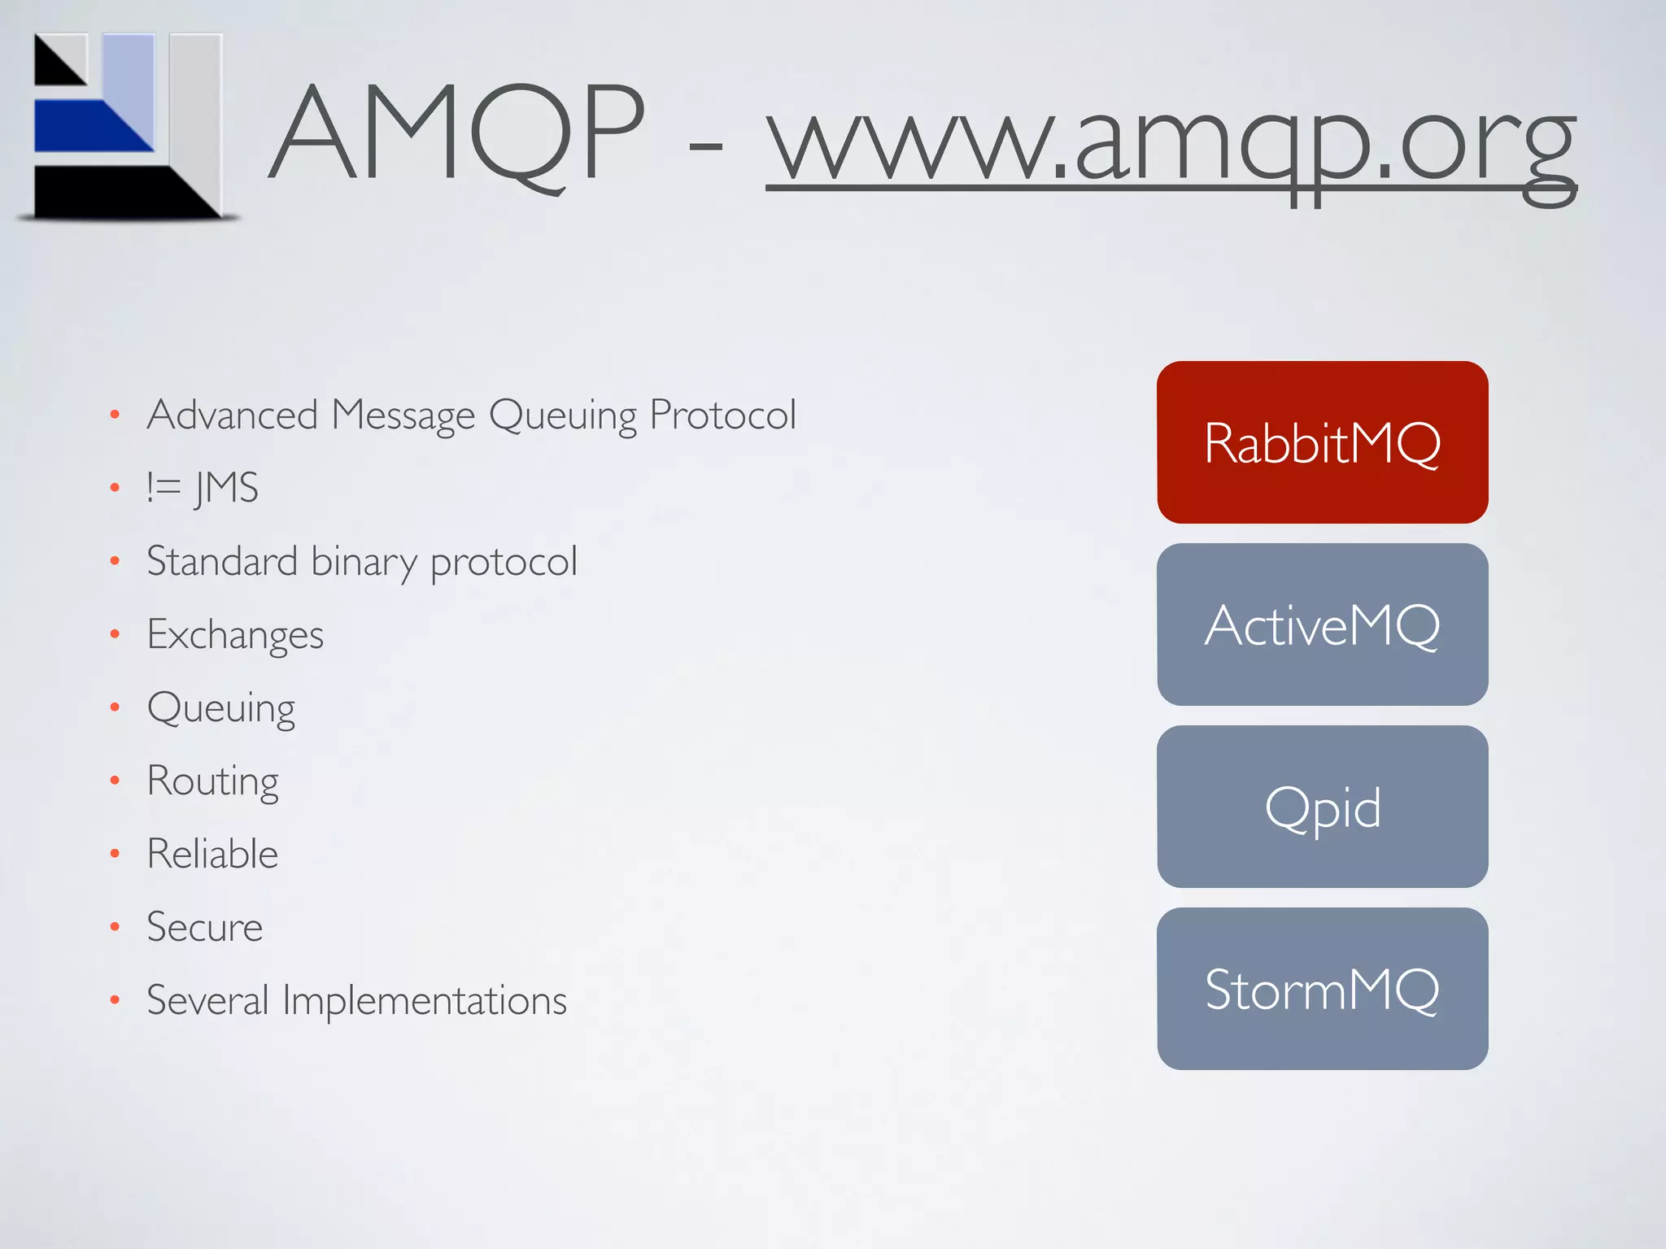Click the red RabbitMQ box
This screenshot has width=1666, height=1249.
click(1322, 442)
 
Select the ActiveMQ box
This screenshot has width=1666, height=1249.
click(1322, 624)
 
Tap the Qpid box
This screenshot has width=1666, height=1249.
click(1322, 807)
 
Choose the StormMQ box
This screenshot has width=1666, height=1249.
click(1322, 989)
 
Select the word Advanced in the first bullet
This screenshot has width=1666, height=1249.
click(232, 415)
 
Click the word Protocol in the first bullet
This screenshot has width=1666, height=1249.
click(722, 415)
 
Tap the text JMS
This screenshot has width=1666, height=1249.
click(227, 488)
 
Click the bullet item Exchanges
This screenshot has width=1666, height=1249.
click(235, 634)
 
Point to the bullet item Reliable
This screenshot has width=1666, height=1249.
click(212, 854)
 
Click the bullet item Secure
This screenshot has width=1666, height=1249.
click(204, 928)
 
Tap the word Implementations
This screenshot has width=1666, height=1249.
click(424, 1001)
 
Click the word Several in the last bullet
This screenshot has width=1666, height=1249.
click(207, 1000)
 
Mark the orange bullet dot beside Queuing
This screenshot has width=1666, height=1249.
click(115, 707)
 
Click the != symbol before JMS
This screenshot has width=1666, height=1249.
click(164, 488)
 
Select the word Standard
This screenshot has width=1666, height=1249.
click(222, 561)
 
